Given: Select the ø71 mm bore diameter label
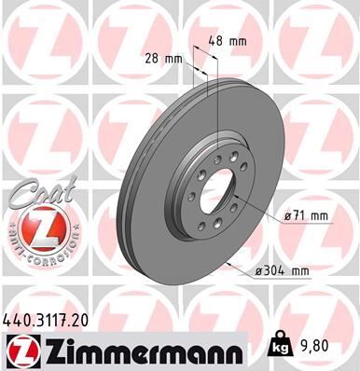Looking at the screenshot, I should click(x=307, y=215).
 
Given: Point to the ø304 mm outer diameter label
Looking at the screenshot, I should click(x=282, y=271).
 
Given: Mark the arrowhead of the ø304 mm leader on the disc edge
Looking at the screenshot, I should click(x=228, y=261).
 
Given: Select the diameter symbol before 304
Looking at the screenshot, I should click(x=258, y=271).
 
